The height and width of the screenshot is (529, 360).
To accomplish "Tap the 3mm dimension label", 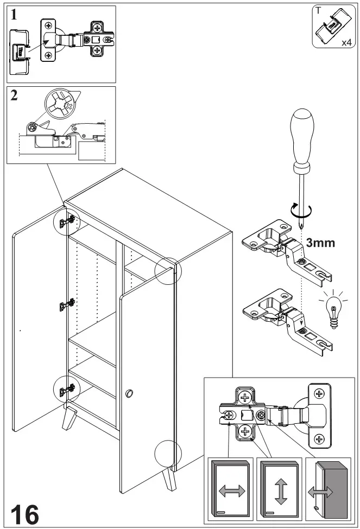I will click(320, 243).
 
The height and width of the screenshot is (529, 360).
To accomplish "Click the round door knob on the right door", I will click(129, 393).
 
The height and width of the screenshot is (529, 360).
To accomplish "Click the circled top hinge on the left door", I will click(67, 221).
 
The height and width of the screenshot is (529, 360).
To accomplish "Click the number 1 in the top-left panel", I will click(14, 15).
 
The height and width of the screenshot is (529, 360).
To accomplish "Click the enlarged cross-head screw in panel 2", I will click(61, 105).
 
